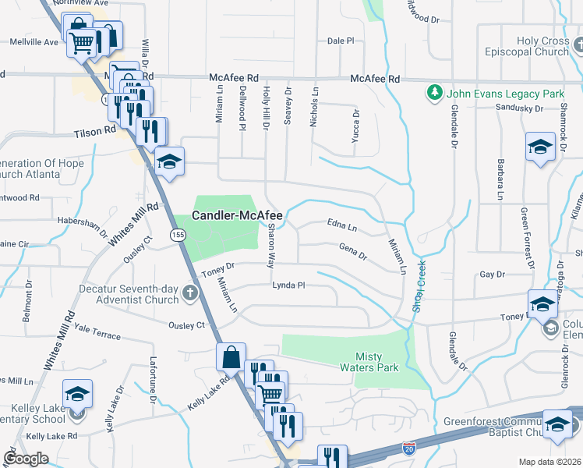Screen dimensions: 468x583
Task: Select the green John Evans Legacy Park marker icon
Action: coord(434,94)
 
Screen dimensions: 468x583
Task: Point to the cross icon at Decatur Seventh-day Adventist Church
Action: coord(189,293)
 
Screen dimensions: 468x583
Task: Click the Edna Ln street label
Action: coord(341,227)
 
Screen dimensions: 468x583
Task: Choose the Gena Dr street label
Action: coord(352,251)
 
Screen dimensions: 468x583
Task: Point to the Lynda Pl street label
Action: coord(288,285)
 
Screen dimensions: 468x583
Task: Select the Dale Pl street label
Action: coord(341,41)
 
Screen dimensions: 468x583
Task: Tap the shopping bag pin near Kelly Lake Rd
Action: coord(231,357)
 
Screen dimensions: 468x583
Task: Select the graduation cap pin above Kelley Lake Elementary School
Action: coord(77,393)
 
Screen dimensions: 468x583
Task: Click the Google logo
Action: coord(25,459)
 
